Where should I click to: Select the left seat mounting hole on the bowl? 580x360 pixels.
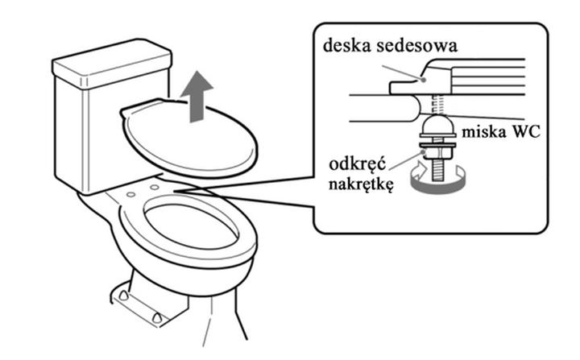[132, 194]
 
